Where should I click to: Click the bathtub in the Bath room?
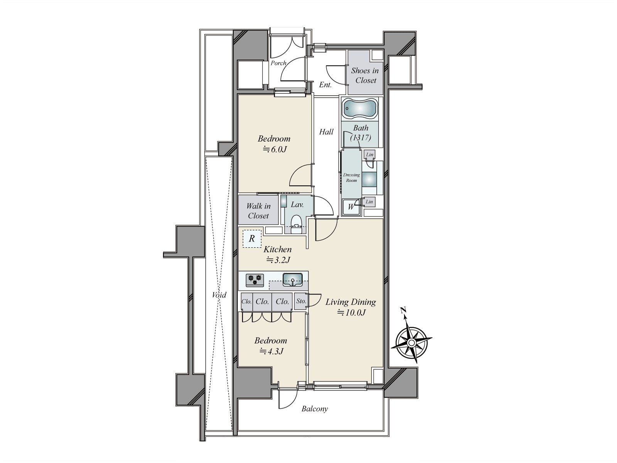(x=360, y=108)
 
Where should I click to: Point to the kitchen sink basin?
(x=292, y=279)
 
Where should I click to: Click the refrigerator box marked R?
(x=252, y=239)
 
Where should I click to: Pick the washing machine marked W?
(x=351, y=207)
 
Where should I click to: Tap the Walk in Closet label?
(x=258, y=211)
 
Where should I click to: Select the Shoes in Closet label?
(x=365, y=75)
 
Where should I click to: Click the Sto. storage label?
(x=301, y=301)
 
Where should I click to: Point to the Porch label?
(x=278, y=63)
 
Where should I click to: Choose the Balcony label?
(x=315, y=409)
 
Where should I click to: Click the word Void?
(x=219, y=295)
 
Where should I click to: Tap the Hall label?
(x=326, y=132)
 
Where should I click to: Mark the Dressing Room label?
(x=351, y=177)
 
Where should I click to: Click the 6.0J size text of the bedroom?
(x=275, y=149)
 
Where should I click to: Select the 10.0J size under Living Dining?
(x=352, y=312)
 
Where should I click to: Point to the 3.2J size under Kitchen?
(x=278, y=260)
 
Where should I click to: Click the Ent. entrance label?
(x=325, y=84)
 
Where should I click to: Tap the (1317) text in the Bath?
(x=361, y=137)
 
